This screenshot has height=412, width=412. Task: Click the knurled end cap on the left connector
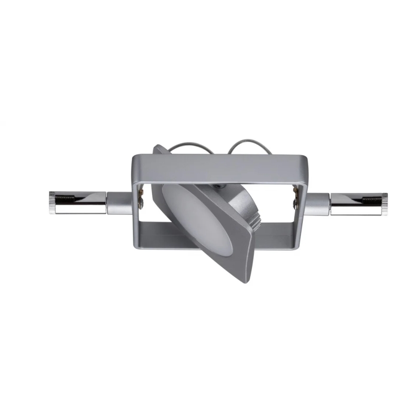(52, 203)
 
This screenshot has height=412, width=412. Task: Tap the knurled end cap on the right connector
(384, 204)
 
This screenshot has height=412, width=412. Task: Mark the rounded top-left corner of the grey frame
(135, 159)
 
